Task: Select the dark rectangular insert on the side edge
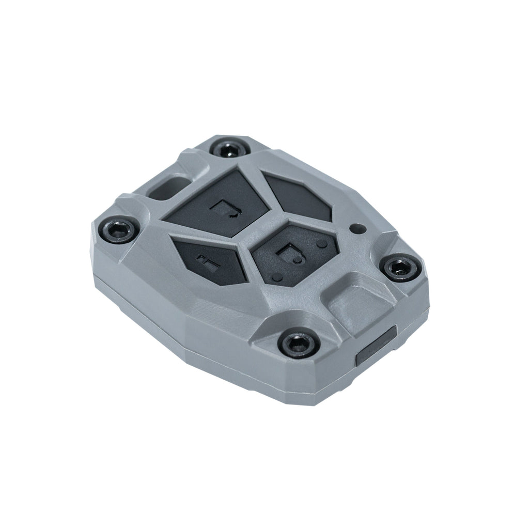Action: (376, 347)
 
